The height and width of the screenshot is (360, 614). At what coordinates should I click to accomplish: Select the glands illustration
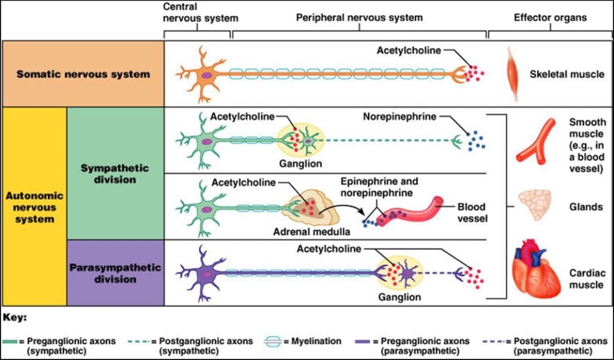point(535,206)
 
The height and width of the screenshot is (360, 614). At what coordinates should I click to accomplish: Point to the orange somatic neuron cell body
point(206,75)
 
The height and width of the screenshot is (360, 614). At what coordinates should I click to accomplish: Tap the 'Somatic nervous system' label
point(83,74)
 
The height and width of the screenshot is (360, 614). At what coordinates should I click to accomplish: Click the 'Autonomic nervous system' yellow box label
point(34,207)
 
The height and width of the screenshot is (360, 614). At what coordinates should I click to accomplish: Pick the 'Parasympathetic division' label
point(115,273)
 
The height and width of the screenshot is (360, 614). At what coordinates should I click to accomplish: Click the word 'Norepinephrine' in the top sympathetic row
point(398,116)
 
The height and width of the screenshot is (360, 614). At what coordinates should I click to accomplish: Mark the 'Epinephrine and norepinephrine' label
point(379,187)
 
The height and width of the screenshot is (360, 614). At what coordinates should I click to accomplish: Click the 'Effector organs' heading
point(550,17)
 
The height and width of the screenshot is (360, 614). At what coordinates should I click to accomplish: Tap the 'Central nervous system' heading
point(197,12)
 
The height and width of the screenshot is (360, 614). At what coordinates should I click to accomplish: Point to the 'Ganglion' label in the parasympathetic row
point(399,296)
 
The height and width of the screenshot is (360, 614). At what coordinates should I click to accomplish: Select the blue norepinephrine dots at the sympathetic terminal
point(477,142)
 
